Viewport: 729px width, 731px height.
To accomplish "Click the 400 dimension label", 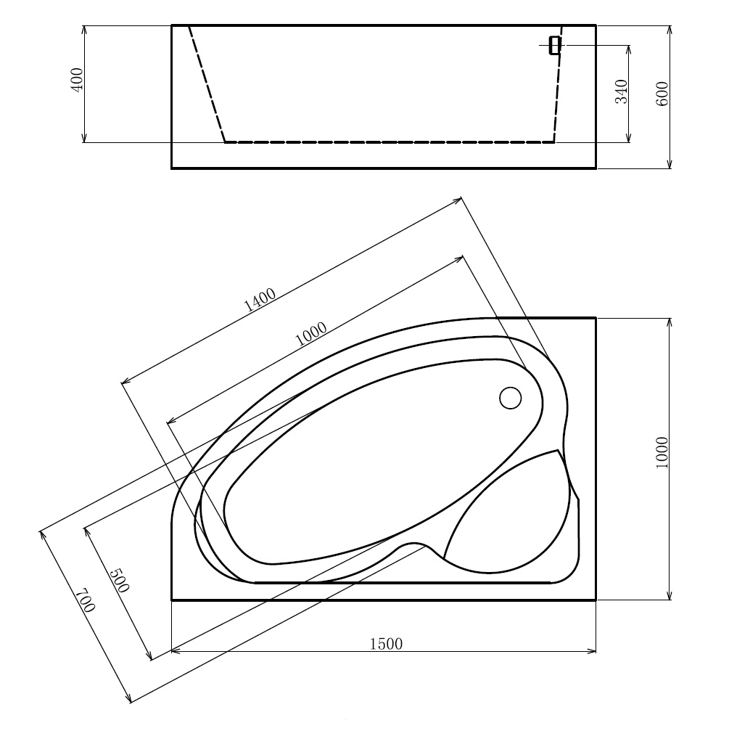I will (x=78, y=78).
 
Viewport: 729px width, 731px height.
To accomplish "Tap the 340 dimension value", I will (x=622, y=91).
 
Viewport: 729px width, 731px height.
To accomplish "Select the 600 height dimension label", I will (x=662, y=94).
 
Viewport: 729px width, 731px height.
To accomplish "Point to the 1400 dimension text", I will (x=259, y=299).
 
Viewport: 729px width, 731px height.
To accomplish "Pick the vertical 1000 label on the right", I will (x=662, y=454).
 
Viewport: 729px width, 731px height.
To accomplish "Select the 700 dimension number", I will (x=85, y=601).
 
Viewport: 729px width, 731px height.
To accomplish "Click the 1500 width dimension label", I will (x=386, y=643).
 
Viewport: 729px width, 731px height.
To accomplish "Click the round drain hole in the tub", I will (x=511, y=397).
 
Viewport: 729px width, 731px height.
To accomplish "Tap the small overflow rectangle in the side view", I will (x=555, y=45).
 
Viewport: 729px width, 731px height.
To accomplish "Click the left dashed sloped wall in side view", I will (x=207, y=83).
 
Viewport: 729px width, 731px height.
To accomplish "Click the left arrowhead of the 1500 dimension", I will (x=176, y=651).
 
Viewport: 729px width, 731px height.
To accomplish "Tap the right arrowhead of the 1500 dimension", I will (x=592, y=651).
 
